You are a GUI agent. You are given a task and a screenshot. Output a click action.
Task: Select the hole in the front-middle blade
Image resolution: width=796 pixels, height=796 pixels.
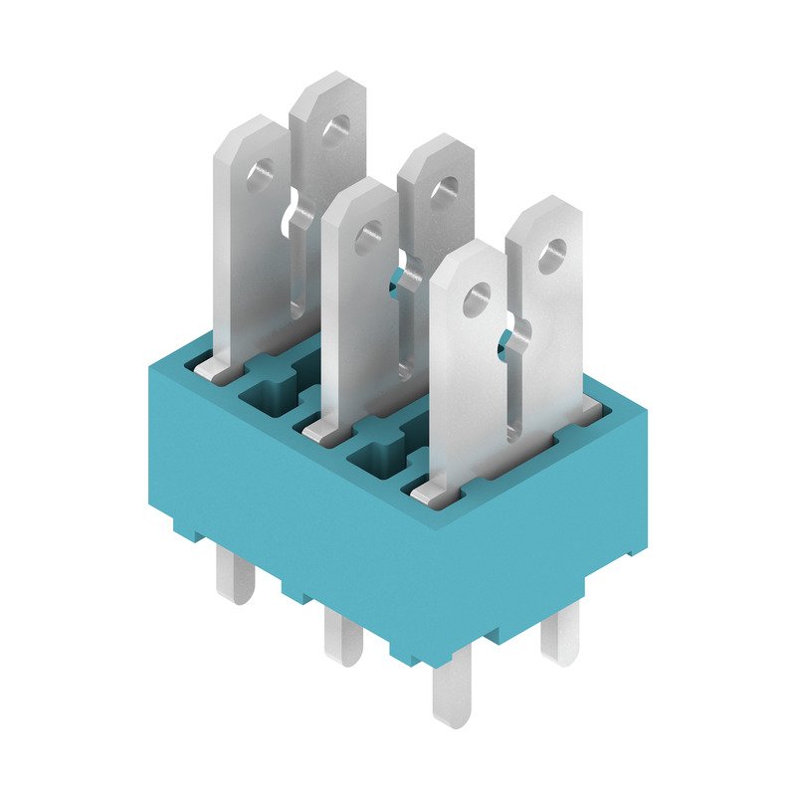[369, 236]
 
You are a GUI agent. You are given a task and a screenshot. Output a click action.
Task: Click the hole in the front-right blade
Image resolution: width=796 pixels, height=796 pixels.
[477, 296]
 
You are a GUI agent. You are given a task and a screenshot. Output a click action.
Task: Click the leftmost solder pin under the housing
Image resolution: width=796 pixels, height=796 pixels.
[236, 577]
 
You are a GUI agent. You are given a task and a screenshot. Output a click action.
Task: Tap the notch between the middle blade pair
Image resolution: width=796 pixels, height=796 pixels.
[402, 276]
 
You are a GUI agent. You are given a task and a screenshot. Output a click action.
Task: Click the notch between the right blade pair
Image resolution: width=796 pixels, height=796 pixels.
[511, 336]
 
